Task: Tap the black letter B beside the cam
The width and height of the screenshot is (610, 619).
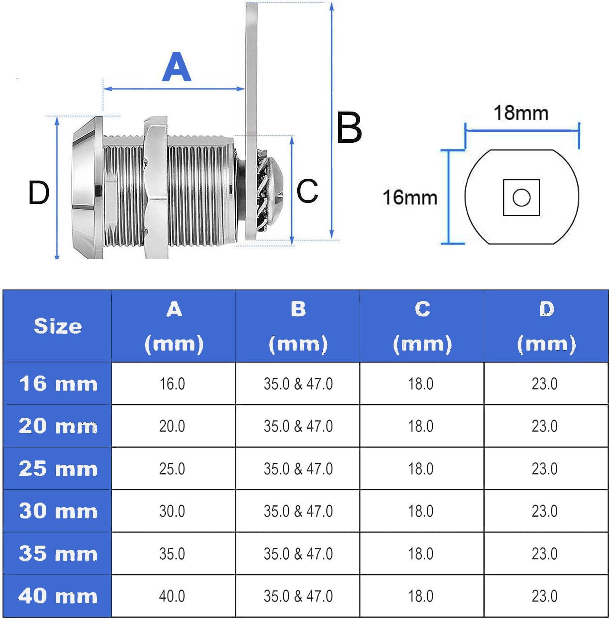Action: (349, 127)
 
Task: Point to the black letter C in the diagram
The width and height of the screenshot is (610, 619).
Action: (307, 191)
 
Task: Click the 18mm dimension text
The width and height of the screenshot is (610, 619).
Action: (521, 113)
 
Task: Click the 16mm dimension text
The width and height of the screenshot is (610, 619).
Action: (410, 197)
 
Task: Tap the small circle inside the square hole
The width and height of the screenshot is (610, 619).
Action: (522, 198)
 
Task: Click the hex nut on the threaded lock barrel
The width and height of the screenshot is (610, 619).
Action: (156, 188)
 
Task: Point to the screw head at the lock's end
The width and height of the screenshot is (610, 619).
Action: (274, 195)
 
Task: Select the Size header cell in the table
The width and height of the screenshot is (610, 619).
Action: (58, 326)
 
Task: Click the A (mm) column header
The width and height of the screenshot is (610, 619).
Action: (174, 326)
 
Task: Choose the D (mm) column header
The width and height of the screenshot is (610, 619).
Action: (546, 326)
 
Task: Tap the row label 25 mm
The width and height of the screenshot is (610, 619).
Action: (58, 468)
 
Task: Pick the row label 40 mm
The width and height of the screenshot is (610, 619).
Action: (58, 596)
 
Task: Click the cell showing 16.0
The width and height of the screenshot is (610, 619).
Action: (172, 384)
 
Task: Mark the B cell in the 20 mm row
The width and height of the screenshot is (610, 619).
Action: (298, 426)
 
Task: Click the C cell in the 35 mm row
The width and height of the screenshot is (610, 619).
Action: (421, 554)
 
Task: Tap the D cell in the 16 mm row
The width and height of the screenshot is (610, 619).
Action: (544, 384)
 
